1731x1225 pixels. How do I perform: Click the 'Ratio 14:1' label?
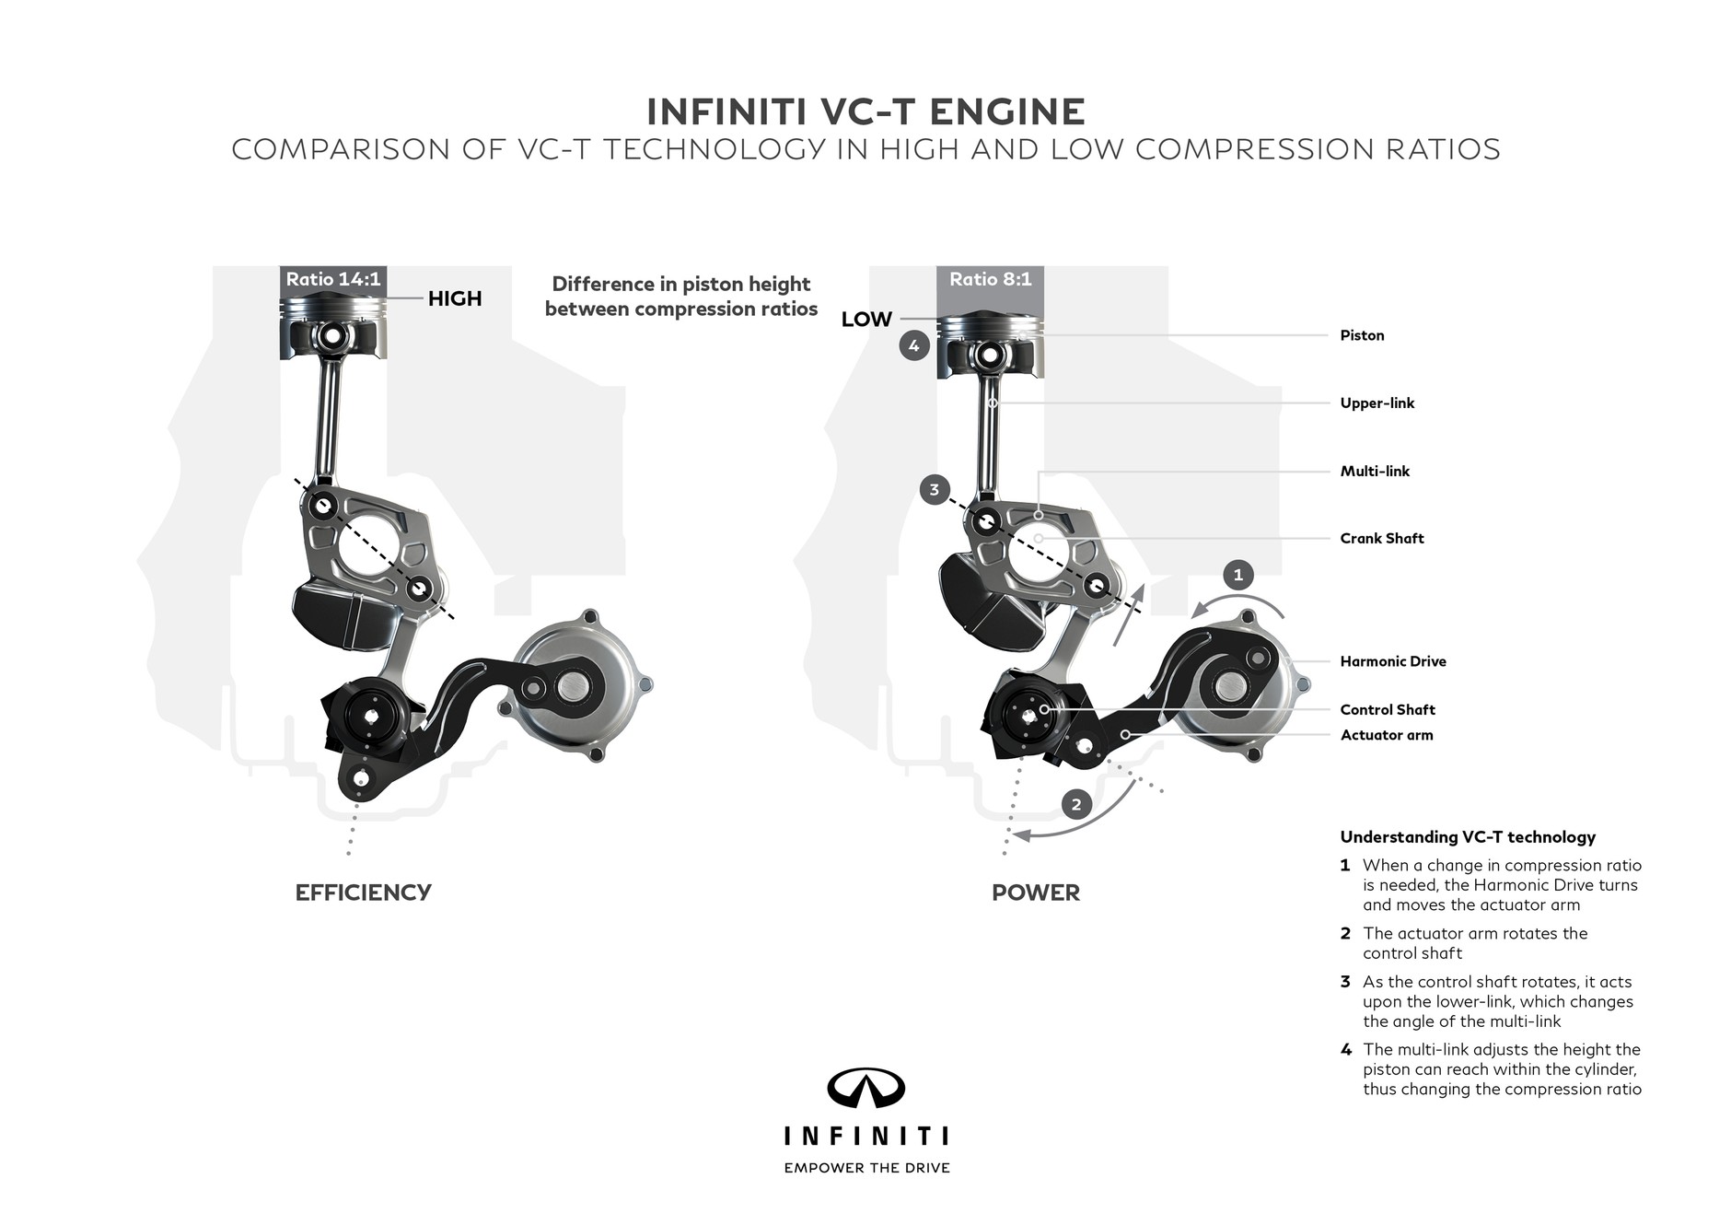pos(332,279)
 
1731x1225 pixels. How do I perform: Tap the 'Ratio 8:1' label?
pos(990,279)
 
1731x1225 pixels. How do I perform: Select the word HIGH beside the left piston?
pos(455,298)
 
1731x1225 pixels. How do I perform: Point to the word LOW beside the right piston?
pos(866,320)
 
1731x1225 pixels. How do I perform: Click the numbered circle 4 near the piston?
pos(913,346)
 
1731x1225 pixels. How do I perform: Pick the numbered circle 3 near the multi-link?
pos(934,489)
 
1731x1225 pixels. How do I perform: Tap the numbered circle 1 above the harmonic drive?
pos(1237,575)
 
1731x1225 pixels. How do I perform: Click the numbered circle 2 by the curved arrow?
pos(1076,804)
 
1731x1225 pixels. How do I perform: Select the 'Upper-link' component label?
pos(1377,403)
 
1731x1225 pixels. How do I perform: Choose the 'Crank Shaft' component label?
pos(1381,539)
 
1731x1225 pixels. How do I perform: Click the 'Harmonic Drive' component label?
pos(1392,661)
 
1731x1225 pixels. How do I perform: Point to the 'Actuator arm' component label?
pos(1386,735)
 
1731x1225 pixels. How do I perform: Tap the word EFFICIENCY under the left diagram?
pos(363,892)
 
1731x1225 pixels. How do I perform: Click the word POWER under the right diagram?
pos(1035,892)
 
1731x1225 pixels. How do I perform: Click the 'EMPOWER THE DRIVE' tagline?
pos(866,1168)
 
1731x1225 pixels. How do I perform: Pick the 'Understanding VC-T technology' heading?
pos(1468,837)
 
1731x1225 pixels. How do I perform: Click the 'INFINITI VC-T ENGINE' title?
pos(865,111)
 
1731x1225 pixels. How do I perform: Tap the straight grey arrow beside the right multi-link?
pos(1129,614)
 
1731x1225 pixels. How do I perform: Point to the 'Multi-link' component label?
pos(1375,472)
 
